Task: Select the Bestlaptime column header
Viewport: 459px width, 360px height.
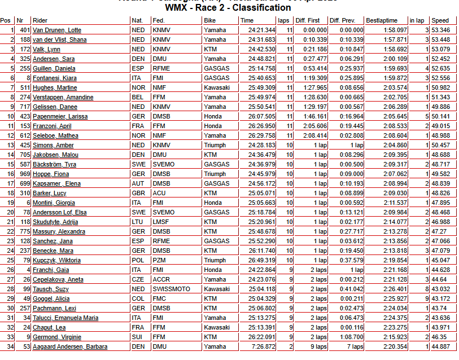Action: pyautogui.click(x=382, y=20)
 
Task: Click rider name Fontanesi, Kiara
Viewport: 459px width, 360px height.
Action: pyautogui.click(x=54, y=78)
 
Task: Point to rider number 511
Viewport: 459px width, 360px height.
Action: pyautogui.click(x=24, y=87)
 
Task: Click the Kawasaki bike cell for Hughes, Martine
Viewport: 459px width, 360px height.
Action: pyautogui.click(x=217, y=87)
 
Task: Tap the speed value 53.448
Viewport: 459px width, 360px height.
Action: pyautogui.click(x=440, y=39)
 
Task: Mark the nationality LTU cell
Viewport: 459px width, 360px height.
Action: pyautogui.click(x=138, y=222)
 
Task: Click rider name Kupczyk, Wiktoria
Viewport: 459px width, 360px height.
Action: pyautogui.click(x=56, y=260)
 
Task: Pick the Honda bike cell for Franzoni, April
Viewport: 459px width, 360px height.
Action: pyautogui.click(x=213, y=126)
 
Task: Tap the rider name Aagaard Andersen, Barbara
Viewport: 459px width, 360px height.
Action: pyautogui.click(x=70, y=346)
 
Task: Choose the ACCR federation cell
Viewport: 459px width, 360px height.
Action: pyautogui.click(x=161, y=279)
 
